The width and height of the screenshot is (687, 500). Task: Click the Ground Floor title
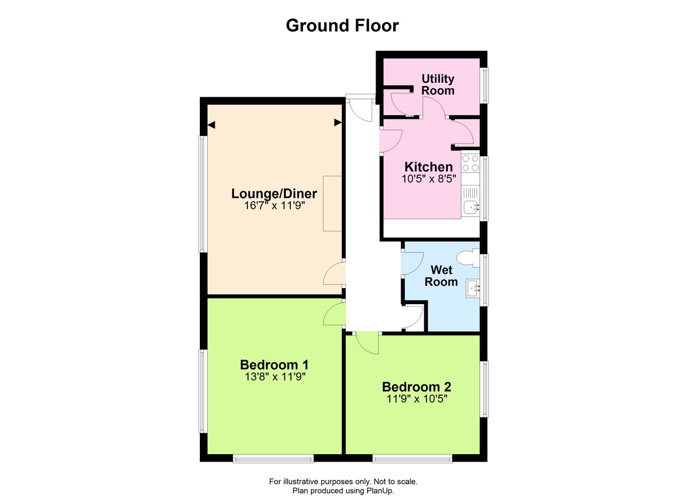pyautogui.click(x=342, y=26)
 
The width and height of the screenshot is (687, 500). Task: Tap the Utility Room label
pyautogui.click(x=438, y=84)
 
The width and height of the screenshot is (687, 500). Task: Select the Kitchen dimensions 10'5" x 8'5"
pyautogui.click(x=429, y=178)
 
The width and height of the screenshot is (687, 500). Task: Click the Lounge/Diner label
pyautogui.click(x=274, y=194)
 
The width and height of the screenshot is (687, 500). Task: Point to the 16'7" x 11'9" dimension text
pyautogui.click(x=274, y=206)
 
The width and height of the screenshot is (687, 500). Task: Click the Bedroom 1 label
pyautogui.click(x=274, y=364)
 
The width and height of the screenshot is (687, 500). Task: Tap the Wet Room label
pyautogui.click(x=444, y=275)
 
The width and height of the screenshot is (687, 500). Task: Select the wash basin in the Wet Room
pyautogui.click(x=473, y=288)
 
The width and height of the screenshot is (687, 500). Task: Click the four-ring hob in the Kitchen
pyautogui.click(x=470, y=163)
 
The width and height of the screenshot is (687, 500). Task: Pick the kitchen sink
pyautogui.click(x=471, y=208)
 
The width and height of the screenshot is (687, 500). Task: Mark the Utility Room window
pyautogui.click(x=484, y=86)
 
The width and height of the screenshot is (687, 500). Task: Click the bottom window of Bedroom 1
pyautogui.click(x=273, y=458)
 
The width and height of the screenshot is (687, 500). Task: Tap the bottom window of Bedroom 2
pyautogui.click(x=412, y=458)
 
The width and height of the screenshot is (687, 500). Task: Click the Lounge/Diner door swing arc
pyautogui.click(x=333, y=274)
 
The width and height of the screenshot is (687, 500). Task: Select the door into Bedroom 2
pyautogui.click(x=367, y=343)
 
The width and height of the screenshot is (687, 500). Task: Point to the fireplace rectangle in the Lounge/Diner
pyautogui.click(x=332, y=203)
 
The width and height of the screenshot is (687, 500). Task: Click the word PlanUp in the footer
pyautogui.click(x=381, y=491)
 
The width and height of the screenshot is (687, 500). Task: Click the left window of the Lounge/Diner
pyautogui.click(x=202, y=194)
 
